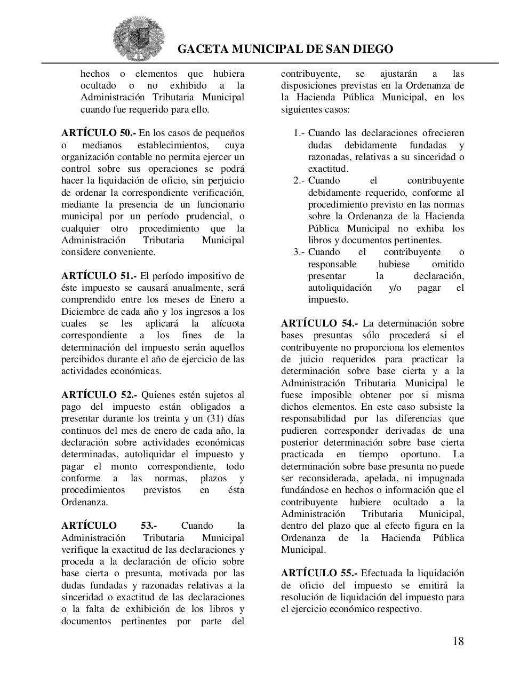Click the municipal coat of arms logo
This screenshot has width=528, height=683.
point(139,38)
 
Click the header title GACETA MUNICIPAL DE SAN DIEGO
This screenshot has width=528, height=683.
point(285,49)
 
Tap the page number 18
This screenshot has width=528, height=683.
point(458,641)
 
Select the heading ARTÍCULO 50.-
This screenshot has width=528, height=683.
point(99,133)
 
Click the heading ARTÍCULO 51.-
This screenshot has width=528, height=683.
point(99,276)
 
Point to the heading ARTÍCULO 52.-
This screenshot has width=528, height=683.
point(99,395)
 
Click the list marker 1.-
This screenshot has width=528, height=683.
point(299,133)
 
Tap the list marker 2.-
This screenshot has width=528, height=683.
point(299,181)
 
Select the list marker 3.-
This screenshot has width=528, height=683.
point(299,252)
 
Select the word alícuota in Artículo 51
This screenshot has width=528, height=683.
point(227,324)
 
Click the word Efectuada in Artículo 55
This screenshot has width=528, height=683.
point(381,573)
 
